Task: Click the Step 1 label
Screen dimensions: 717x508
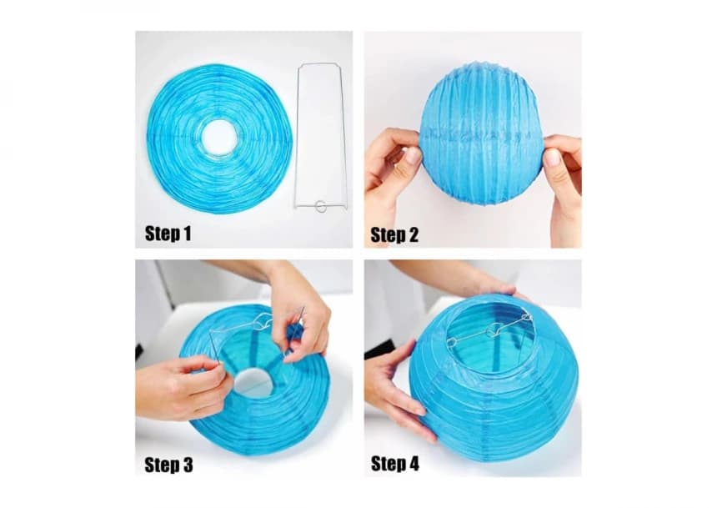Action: (x=168, y=234)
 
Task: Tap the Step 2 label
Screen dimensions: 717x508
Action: (x=394, y=234)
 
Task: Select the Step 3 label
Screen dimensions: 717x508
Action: (x=168, y=465)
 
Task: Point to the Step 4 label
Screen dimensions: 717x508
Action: (x=395, y=463)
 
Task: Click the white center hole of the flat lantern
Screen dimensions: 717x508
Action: (x=219, y=138)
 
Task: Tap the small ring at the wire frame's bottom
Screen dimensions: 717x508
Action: (x=321, y=206)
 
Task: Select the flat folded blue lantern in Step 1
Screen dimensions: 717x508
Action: (x=219, y=138)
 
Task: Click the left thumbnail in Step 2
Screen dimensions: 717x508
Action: (x=413, y=157)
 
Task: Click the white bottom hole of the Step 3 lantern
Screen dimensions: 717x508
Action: (x=254, y=384)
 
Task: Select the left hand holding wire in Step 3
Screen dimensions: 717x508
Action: (x=183, y=388)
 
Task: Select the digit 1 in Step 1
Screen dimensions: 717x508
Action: (x=187, y=234)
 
